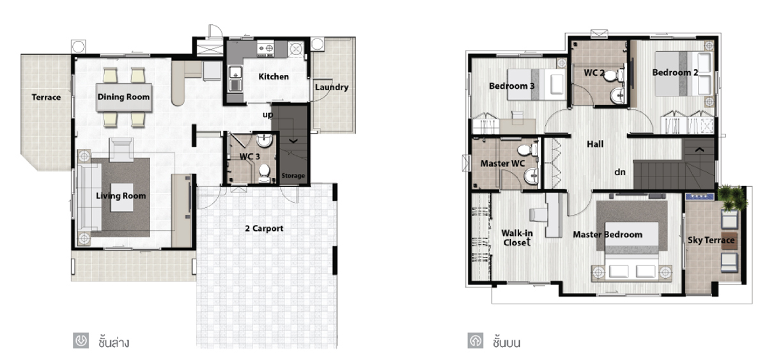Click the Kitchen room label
click(x=274, y=77)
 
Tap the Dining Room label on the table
click(x=123, y=97)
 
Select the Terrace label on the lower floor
click(x=46, y=97)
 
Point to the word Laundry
click(x=332, y=88)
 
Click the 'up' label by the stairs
click(x=268, y=114)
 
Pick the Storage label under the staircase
click(x=293, y=176)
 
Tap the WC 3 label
click(x=250, y=157)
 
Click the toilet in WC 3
click(x=265, y=173)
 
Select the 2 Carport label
click(x=264, y=228)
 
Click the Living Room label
click(x=121, y=196)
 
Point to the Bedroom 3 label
click(x=511, y=86)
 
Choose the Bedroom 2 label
click(x=675, y=73)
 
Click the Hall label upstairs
click(x=595, y=145)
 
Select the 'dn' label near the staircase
click(x=620, y=172)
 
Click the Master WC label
click(x=502, y=164)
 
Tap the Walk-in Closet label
click(x=517, y=238)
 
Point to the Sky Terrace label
click(x=711, y=240)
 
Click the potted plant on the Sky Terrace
click(x=732, y=198)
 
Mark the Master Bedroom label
click(x=608, y=235)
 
